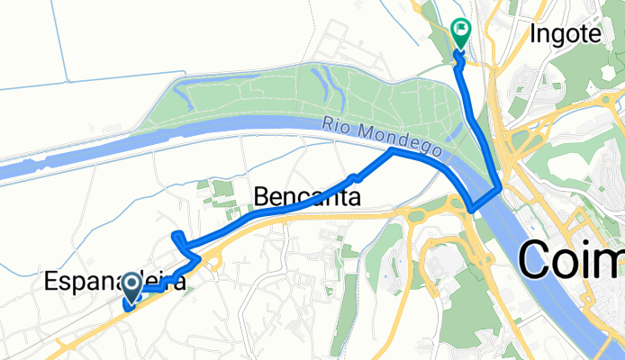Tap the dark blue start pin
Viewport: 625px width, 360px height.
pos(131,287)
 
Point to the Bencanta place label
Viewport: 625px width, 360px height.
pos(308,196)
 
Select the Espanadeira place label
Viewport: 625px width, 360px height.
pos(115,283)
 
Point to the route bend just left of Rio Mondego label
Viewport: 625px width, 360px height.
pos(390,152)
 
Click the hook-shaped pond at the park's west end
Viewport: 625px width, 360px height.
pos(180,89)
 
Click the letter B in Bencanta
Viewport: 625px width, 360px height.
pos(262,196)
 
